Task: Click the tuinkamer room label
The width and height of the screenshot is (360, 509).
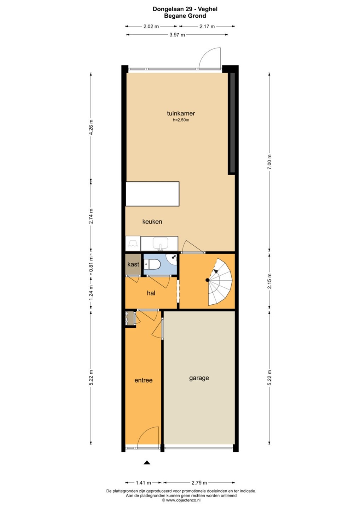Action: pyautogui.click(x=181, y=113)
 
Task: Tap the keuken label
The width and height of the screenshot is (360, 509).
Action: pyautogui.click(x=152, y=221)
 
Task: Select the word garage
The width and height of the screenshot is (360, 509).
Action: pyautogui.click(x=199, y=378)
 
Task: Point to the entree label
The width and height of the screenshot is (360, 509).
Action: pyautogui.click(x=144, y=380)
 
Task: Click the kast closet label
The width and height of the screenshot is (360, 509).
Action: pyautogui.click(x=133, y=264)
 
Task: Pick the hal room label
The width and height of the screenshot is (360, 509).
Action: pyautogui.click(x=151, y=293)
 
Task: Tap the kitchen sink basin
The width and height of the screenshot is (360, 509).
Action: pyautogui.click(x=160, y=243)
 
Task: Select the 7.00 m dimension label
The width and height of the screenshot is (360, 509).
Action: pyautogui.click(x=269, y=162)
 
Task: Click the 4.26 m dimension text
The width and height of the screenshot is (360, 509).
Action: pyautogui.click(x=91, y=127)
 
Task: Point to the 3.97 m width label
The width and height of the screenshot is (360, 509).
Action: pyautogui.click(x=177, y=35)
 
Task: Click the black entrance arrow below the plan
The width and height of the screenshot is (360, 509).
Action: pyautogui.click(x=147, y=462)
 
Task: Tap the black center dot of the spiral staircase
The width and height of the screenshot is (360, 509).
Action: pyautogui.click(x=208, y=280)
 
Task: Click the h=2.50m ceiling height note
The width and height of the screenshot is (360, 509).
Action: pyautogui.click(x=181, y=120)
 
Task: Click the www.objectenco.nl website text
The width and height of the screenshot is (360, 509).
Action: pyautogui.click(x=183, y=500)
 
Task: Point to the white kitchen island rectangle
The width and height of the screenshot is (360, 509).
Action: pyautogui.click(x=152, y=194)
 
